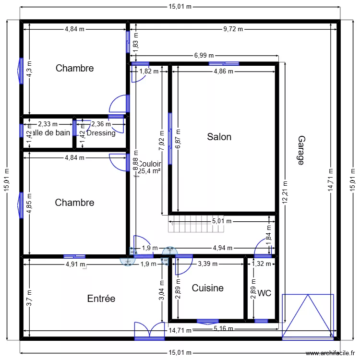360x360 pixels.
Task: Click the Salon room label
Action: tap(219, 137)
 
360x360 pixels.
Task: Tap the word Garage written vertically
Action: tap(300, 150)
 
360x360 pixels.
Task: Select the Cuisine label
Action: tap(207, 288)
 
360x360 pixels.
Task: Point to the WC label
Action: tap(264, 293)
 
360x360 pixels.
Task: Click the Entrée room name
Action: tap(101, 299)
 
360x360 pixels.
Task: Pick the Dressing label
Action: tap(101, 133)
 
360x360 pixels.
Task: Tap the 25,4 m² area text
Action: tap(149, 170)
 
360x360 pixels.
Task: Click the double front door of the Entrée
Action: tap(149, 330)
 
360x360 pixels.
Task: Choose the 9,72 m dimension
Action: tap(232, 29)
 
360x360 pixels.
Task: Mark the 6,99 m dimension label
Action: tap(204, 56)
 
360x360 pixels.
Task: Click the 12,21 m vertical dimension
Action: tap(285, 192)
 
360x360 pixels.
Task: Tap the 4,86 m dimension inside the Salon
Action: tap(223, 72)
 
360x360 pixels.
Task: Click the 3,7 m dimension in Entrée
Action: tap(29, 298)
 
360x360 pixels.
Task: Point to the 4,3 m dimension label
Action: tap(29, 69)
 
